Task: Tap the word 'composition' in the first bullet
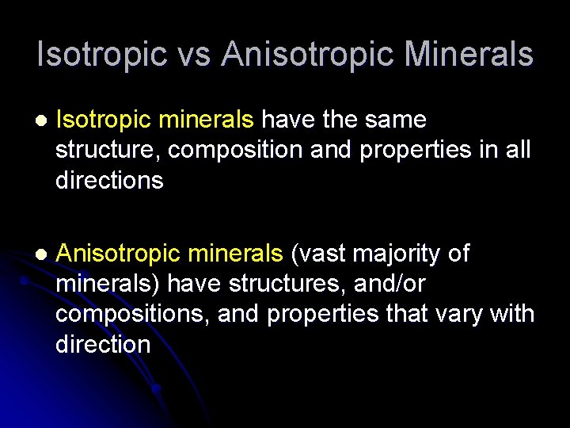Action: (x=235, y=151)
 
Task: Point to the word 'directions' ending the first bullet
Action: (x=109, y=181)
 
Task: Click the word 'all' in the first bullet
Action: (x=517, y=151)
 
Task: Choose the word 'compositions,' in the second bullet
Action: (x=133, y=315)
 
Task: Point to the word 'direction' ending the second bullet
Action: (x=103, y=345)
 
